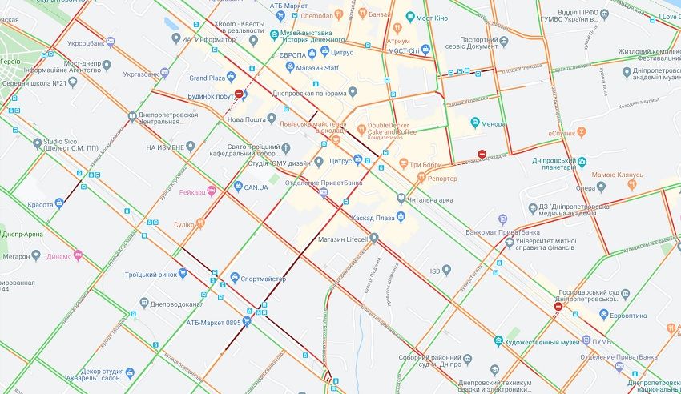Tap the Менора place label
point(493,123)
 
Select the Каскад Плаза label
point(373,217)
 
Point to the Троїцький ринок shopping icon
point(183,274)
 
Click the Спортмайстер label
point(264,278)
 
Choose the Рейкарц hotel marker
point(212,191)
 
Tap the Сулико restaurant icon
point(199,224)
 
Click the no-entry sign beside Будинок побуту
point(239,94)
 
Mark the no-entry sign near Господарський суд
point(558,306)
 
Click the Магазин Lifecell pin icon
point(373,237)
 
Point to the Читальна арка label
point(429,199)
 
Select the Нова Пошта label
point(246,119)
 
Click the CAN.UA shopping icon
point(239,187)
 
